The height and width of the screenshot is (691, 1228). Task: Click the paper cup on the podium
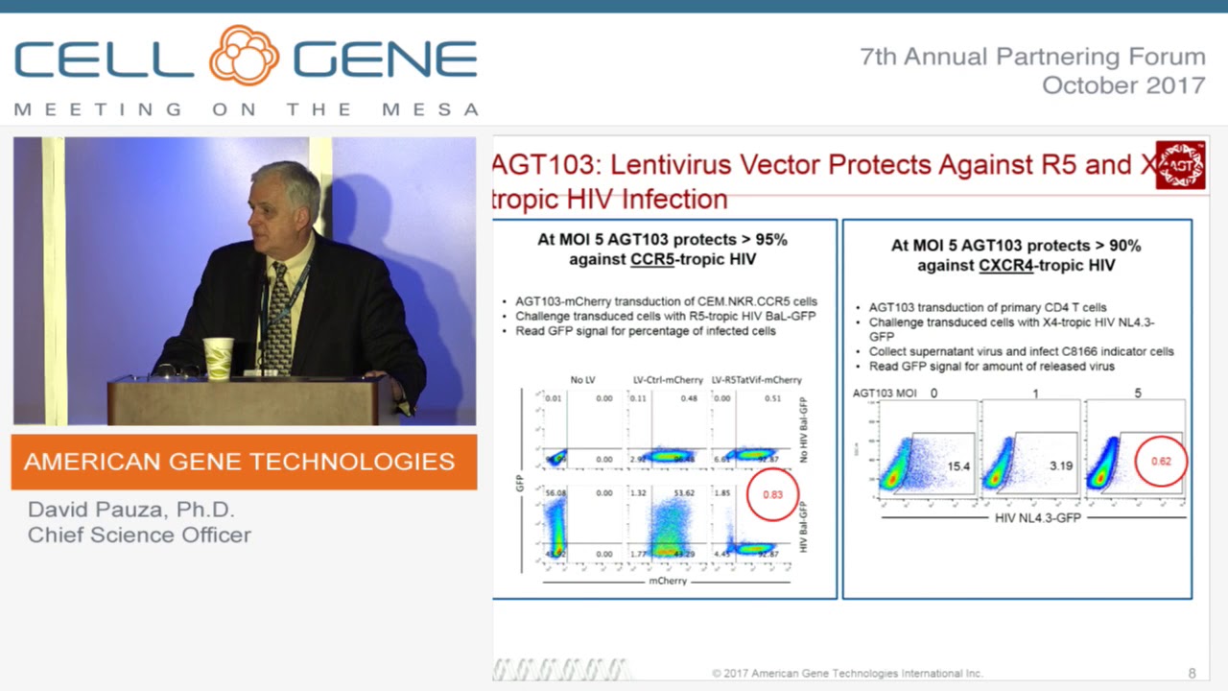[219, 358]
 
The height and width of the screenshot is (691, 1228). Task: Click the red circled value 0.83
[772, 494]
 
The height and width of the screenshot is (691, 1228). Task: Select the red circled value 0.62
[1161, 461]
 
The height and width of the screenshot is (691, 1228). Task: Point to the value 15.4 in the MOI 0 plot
[958, 466]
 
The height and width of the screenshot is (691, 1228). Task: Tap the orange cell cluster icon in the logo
[244, 56]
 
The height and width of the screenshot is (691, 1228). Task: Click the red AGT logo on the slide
[1179, 165]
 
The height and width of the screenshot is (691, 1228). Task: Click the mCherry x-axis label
[668, 581]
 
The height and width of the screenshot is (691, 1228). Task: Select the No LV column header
[582, 380]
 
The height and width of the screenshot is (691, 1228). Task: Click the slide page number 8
[1192, 673]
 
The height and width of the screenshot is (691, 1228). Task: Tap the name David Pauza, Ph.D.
[130, 510]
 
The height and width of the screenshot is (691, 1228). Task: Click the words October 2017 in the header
[1122, 84]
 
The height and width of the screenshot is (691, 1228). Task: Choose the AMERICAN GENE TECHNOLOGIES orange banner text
[239, 462]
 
